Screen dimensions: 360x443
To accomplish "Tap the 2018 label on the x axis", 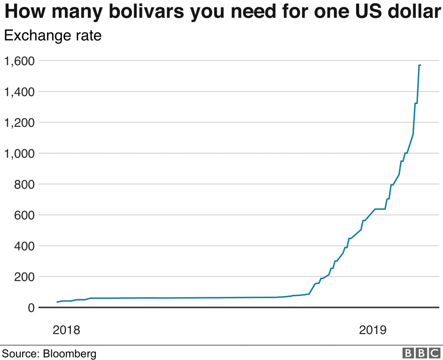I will (x=66, y=330).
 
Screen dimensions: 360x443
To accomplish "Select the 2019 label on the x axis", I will (x=372, y=330).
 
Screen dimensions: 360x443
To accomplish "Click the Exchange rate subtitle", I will (x=52, y=35).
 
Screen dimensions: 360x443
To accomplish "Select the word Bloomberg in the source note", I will (x=70, y=353).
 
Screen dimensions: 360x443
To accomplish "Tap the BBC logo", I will (x=420, y=353).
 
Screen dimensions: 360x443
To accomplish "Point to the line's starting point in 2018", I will (x=58, y=302).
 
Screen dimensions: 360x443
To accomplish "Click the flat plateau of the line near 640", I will (x=380, y=209).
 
